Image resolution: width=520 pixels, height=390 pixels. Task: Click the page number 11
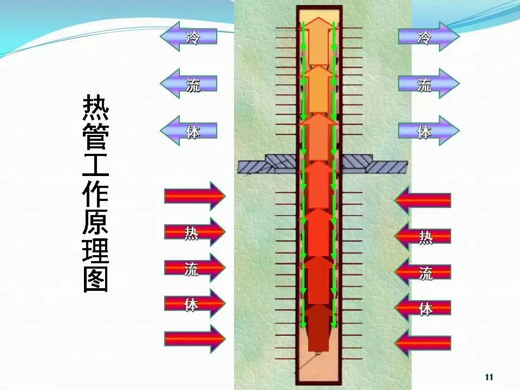coord(489,377)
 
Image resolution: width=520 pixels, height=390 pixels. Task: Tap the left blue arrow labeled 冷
coord(189,36)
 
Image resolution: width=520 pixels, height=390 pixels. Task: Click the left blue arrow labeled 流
coord(189,83)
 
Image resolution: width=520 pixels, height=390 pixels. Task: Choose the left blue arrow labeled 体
coord(189,131)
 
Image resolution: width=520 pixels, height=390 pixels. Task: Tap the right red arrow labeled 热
coord(423,237)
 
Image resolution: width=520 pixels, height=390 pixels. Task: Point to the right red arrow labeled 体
coord(423,308)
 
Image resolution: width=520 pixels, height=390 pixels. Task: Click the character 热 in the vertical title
coord(95,108)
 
